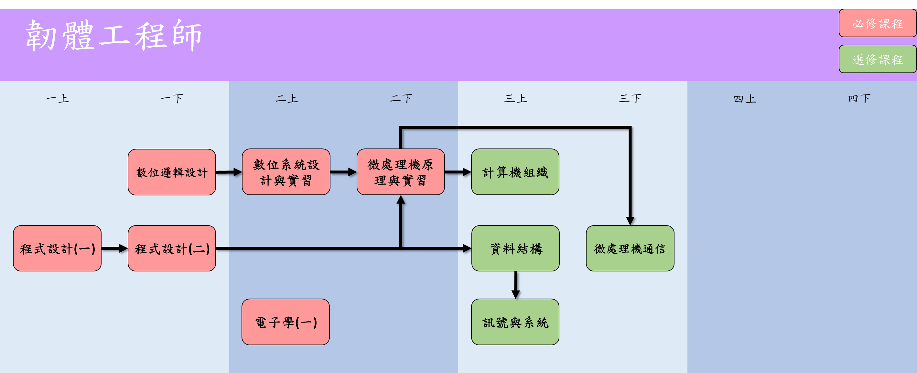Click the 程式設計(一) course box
pyautogui.click(x=57, y=248)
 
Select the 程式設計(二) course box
pyautogui.click(x=172, y=248)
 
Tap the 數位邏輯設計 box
pyautogui.click(x=172, y=172)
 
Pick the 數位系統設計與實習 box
pyautogui.click(x=286, y=172)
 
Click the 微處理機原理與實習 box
pyautogui.click(x=401, y=172)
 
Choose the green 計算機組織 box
pyautogui.click(x=515, y=172)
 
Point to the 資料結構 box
pyautogui.click(x=515, y=248)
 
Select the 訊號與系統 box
pyautogui.click(x=515, y=322)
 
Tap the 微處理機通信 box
pyautogui.click(x=630, y=248)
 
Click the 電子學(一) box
pyautogui.click(x=286, y=322)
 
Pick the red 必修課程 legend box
pyautogui.click(x=878, y=24)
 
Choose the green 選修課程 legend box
pyautogui.click(x=878, y=59)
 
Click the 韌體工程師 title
pyautogui.click(x=114, y=36)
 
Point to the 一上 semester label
pyautogui.click(x=58, y=98)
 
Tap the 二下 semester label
pyautogui.click(x=401, y=98)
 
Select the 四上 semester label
pyautogui.click(x=745, y=99)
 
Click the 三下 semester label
pyautogui.click(x=630, y=98)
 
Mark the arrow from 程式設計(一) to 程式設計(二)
pyautogui.click(x=114, y=248)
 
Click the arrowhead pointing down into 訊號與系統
pyautogui.click(x=515, y=294)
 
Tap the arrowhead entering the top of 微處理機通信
pyautogui.click(x=630, y=221)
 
